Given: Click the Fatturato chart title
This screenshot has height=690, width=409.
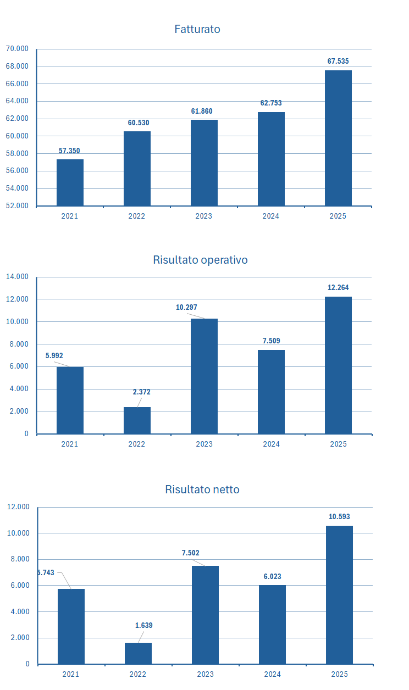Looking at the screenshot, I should (x=197, y=29).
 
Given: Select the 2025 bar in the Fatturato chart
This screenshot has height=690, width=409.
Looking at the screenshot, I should (x=338, y=138).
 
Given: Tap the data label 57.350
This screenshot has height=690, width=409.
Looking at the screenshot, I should (x=69, y=151).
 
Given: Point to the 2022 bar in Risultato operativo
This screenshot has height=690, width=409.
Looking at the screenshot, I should (x=137, y=420).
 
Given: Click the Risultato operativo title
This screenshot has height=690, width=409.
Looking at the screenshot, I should (x=200, y=260).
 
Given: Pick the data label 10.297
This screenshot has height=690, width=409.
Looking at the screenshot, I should (x=186, y=308).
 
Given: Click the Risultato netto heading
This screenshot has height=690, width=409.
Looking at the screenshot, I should (x=202, y=489).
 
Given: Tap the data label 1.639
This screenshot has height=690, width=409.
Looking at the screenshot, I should (x=144, y=625).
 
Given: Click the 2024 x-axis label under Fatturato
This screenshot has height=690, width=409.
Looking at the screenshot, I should (x=270, y=216).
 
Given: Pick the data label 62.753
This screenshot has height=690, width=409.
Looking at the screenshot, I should (x=271, y=103).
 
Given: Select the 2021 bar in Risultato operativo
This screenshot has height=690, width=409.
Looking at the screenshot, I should (x=70, y=400).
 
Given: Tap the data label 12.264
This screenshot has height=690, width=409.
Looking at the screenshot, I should (x=338, y=287).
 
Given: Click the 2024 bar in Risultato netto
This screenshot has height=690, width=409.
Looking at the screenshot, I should (x=272, y=624).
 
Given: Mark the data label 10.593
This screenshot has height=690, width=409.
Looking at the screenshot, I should (x=339, y=517).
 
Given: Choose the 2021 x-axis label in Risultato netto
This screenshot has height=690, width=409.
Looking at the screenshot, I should (x=71, y=674).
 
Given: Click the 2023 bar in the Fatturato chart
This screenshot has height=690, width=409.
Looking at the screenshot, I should (x=204, y=163).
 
